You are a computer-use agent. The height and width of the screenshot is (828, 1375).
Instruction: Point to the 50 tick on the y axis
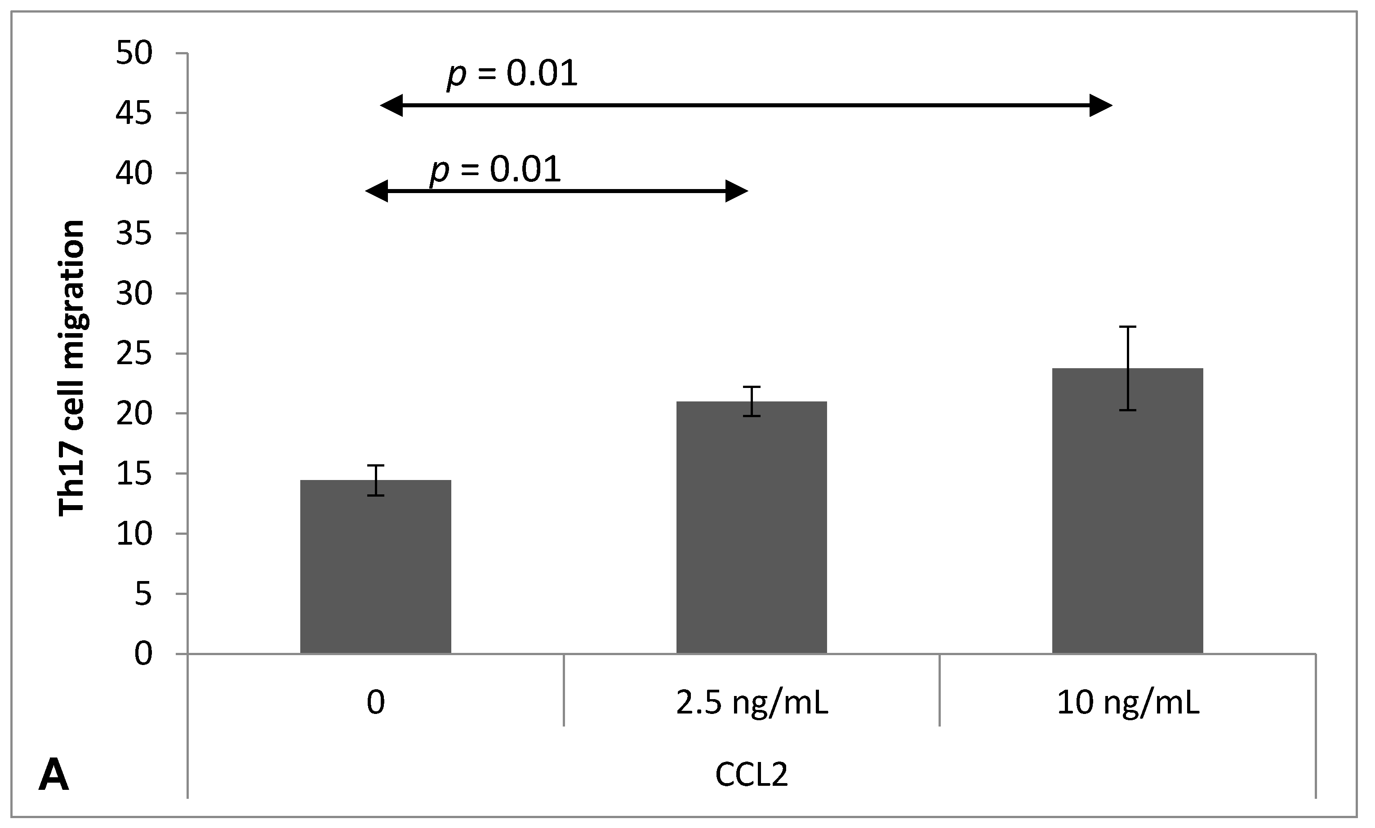point(134,53)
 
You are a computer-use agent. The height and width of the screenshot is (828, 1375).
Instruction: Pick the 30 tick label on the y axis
point(134,294)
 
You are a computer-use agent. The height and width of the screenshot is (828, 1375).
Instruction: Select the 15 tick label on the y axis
point(134,474)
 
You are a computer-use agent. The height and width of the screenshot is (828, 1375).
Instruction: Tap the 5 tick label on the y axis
point(143,595)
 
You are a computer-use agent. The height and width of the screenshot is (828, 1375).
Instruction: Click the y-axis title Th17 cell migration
point(71,368)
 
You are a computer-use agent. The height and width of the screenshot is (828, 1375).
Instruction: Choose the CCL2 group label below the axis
point(751,775)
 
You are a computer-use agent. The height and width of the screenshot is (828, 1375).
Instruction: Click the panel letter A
point(53,775)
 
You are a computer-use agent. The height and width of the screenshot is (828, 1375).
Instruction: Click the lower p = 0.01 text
point(495,170)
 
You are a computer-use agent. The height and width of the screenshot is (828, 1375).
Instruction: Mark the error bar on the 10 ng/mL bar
point(1127,368)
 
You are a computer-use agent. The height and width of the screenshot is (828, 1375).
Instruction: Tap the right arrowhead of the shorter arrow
point(737,191)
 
